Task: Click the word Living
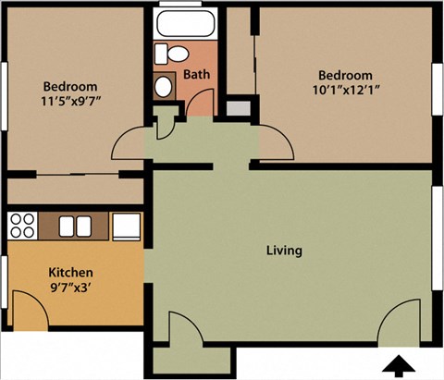284,251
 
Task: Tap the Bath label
194,74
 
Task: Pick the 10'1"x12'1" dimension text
345,90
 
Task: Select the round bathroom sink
164,87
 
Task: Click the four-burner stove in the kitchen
22,225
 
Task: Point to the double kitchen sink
75,225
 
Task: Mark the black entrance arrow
400,365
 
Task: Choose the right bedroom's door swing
276,141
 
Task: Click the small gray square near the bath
238,106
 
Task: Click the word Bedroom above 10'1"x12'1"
345,75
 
